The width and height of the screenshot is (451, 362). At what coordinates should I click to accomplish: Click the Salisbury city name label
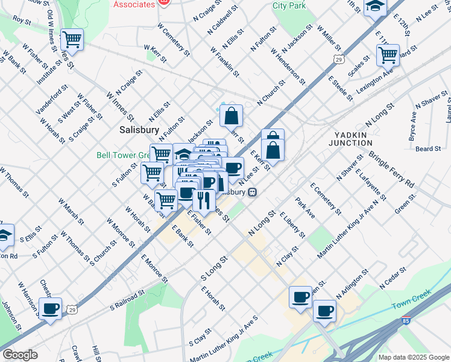(x=139, y=130)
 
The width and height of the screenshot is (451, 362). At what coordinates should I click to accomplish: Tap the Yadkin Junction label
(x=350, y=139)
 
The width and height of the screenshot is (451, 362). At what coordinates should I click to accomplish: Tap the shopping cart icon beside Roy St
(x=72, y=40)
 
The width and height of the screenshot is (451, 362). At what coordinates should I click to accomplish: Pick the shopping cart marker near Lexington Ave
(x=388, y=56)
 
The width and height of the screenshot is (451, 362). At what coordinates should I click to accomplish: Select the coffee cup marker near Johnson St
(x=51, y=309)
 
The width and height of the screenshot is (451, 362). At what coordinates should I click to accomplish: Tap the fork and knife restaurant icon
(x=204, y=200)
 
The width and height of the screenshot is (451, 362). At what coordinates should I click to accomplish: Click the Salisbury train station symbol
(x=253, y=192)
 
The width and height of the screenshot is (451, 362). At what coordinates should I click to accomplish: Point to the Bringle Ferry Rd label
(x=392, y=169)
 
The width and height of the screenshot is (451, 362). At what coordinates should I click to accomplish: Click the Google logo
(x=20, y=355)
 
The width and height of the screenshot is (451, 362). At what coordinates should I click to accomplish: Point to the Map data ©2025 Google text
(x=413, y=357)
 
